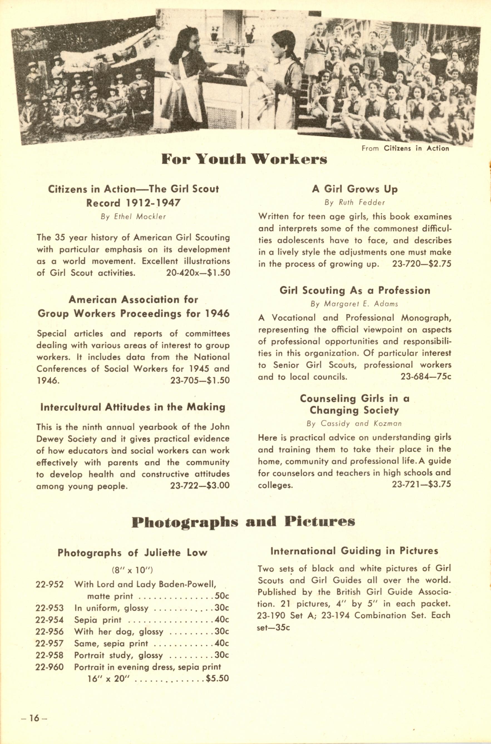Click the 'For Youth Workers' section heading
tap(244, 159)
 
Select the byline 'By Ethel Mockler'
tap(133, 217)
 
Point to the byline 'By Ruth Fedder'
tap(354, 203)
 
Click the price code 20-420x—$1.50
tap(198, 273)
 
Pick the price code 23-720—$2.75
tap(421, 264)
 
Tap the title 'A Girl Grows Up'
tap(354, 189)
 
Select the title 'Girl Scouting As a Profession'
tap(354, 290)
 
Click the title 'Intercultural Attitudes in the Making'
tap(133, 407)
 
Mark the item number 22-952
tap(50, 585)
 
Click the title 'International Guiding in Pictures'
tap(354, 551)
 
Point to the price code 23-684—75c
tap(426, 377)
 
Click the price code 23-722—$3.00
tap(200, 486)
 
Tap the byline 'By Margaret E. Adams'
tap(354, 304)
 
